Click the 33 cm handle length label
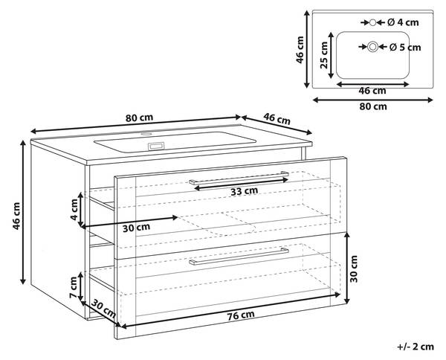[244, 191]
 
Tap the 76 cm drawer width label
[241, 315]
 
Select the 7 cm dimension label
[74, 287]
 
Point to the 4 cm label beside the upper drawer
[74, 210]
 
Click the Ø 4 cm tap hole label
[403, 22]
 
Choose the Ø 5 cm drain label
[405, 48]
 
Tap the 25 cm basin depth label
[324, 55]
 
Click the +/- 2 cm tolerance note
[416, 347]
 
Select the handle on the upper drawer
[239, 179]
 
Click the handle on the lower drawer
[239, 256]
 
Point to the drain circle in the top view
[372, 47]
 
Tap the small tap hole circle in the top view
[372, 22]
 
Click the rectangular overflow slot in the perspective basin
[156, 146]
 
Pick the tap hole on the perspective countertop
[146, 134]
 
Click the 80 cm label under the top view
[373, 106]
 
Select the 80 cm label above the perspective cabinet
[140, 118]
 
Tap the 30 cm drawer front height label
[354, 269]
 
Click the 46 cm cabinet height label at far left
[16, 216]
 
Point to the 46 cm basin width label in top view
[372, 91]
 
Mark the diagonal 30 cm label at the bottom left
[104, 309]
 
